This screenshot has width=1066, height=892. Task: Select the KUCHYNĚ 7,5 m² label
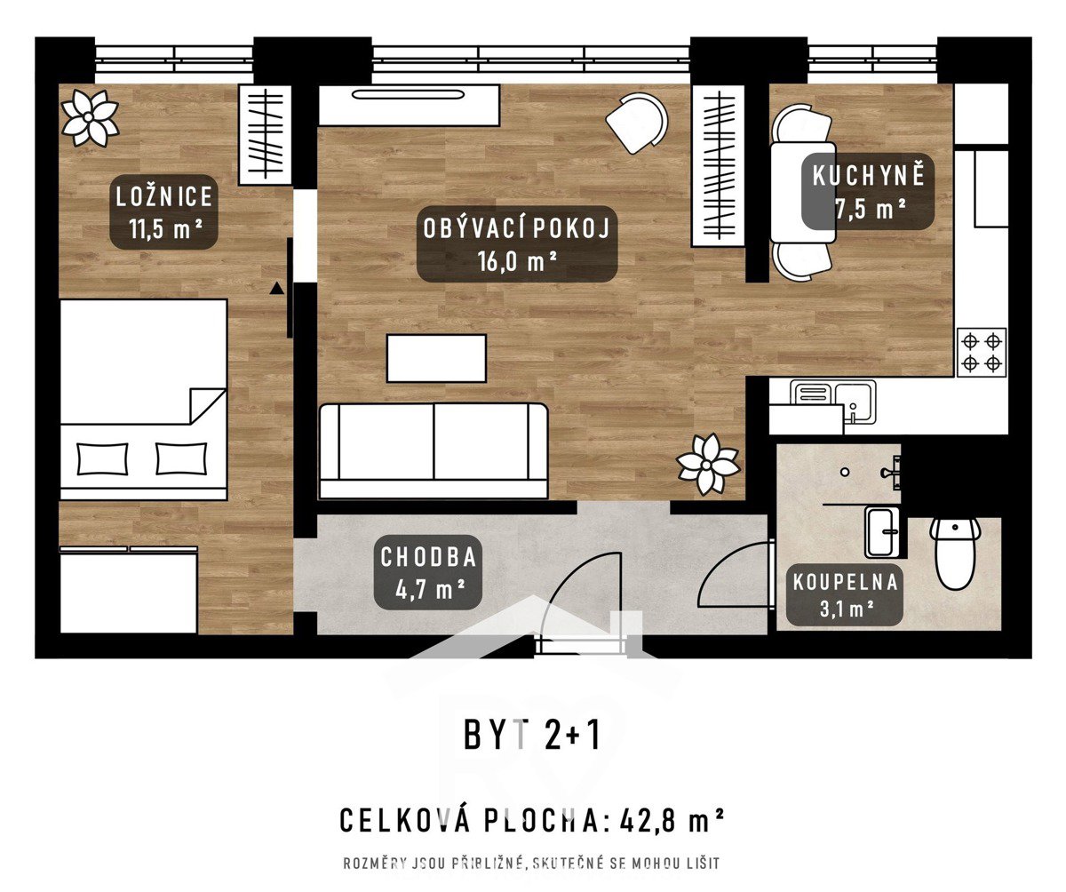click(x=868, y=192)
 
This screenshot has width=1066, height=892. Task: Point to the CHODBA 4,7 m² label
click(x=428, y=572)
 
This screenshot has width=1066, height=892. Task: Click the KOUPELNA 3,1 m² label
click(x=845, y=595)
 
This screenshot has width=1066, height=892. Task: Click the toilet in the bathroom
click(x=954, y=553)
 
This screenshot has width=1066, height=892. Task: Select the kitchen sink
click(x=832, y=402)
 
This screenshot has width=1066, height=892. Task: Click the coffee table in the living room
click(x=436, y=358)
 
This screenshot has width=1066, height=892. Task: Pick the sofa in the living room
click(x=433, y=450)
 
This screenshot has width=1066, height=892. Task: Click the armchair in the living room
click(x=637, y=123)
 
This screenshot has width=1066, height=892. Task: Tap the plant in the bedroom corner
click(x=90, y=118)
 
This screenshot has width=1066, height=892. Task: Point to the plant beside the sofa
click(x=708, y=464)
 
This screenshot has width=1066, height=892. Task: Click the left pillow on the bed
click(x=102, y=458)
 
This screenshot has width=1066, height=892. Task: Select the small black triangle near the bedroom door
click(x=276, y=289)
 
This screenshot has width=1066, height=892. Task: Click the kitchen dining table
click(x=802, y=192)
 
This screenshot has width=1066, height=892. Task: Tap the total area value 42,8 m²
click(x=672, y=821)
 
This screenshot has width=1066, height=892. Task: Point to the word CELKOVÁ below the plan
click(x=405, y=821)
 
